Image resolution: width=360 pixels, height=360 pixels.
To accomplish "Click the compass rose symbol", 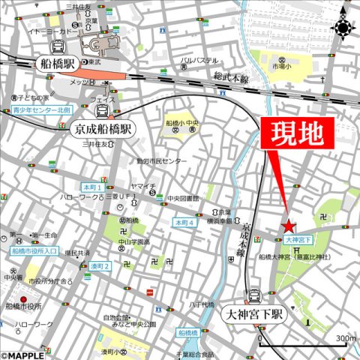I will (x=343, y=28).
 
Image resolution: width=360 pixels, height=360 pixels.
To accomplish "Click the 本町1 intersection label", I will (x=92, y=187).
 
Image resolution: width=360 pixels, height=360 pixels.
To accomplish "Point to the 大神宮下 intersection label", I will (x=298, y=238).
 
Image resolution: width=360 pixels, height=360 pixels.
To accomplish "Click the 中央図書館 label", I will (x=184, y=199).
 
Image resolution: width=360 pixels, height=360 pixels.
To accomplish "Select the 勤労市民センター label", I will (x=162, y=161).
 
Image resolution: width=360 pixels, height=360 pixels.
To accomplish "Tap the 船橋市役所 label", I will (x=24, y=306).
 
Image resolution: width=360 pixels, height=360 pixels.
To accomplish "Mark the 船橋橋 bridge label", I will (x=188, y=331).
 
